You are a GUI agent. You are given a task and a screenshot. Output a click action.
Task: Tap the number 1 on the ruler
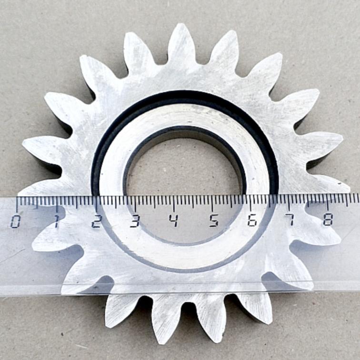point(56,221)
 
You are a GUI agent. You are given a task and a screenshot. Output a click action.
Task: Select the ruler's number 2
point(96,221)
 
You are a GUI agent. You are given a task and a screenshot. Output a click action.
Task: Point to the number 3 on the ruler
point(135,221)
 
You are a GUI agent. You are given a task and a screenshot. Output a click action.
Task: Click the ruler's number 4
point(174,220)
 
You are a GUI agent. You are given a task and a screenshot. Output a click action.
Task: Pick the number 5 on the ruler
point(213,220)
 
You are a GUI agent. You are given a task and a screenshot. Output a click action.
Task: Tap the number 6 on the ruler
point(252,220)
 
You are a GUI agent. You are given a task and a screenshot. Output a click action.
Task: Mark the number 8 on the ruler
point(328,219)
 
